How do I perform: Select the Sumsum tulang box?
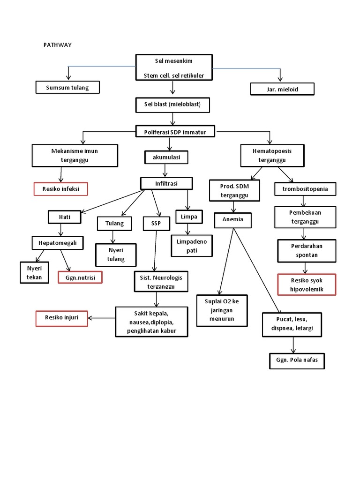(67, 88)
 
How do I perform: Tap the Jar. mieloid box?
(282, 89)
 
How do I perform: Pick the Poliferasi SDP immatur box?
(175, 132)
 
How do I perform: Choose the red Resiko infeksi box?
(61, 188)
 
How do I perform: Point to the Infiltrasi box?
(166, 183)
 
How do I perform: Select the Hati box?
(64, 217)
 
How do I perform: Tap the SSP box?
(156, 224)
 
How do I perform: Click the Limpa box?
(188, 217)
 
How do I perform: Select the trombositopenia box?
(305, 189)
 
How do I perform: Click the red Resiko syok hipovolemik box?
(307, 285)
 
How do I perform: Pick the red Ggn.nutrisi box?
(80, 277)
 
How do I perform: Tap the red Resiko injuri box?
(61, 318)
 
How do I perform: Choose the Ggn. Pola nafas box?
(297, 361)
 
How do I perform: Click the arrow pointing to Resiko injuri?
(101, 318)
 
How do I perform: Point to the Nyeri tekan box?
(34, 273)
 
